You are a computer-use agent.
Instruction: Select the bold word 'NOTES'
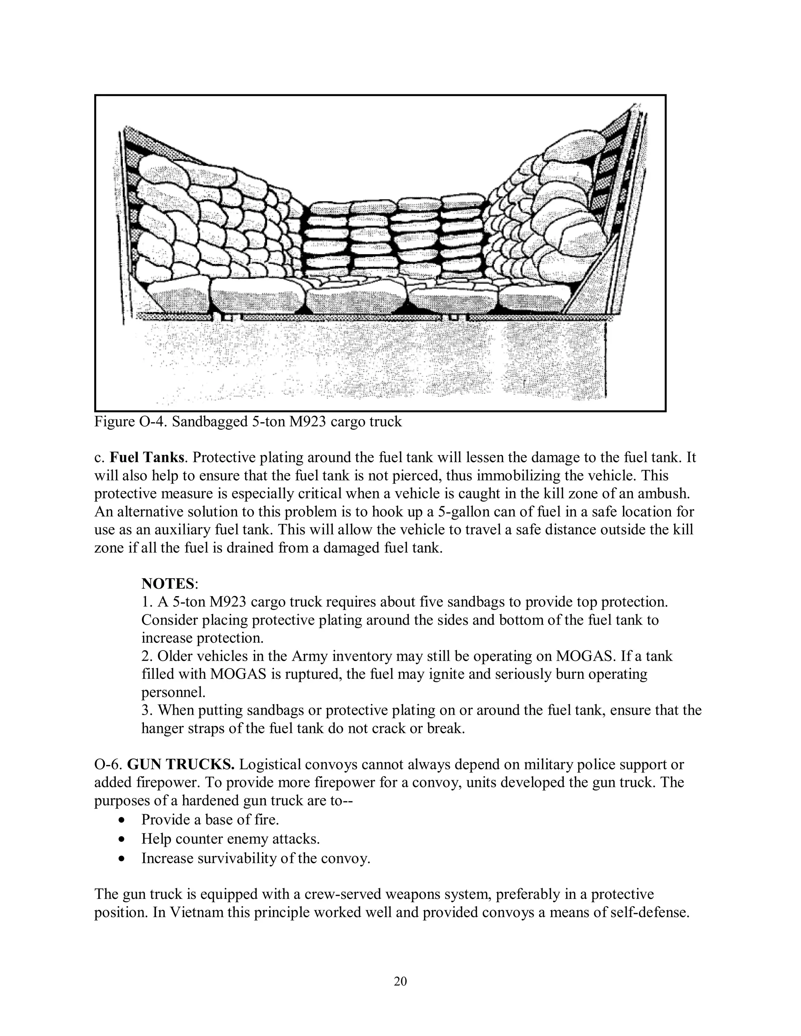168,583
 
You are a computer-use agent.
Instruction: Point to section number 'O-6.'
109,765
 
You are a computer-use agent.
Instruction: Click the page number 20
400,981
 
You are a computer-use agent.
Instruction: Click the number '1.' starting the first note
147,602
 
